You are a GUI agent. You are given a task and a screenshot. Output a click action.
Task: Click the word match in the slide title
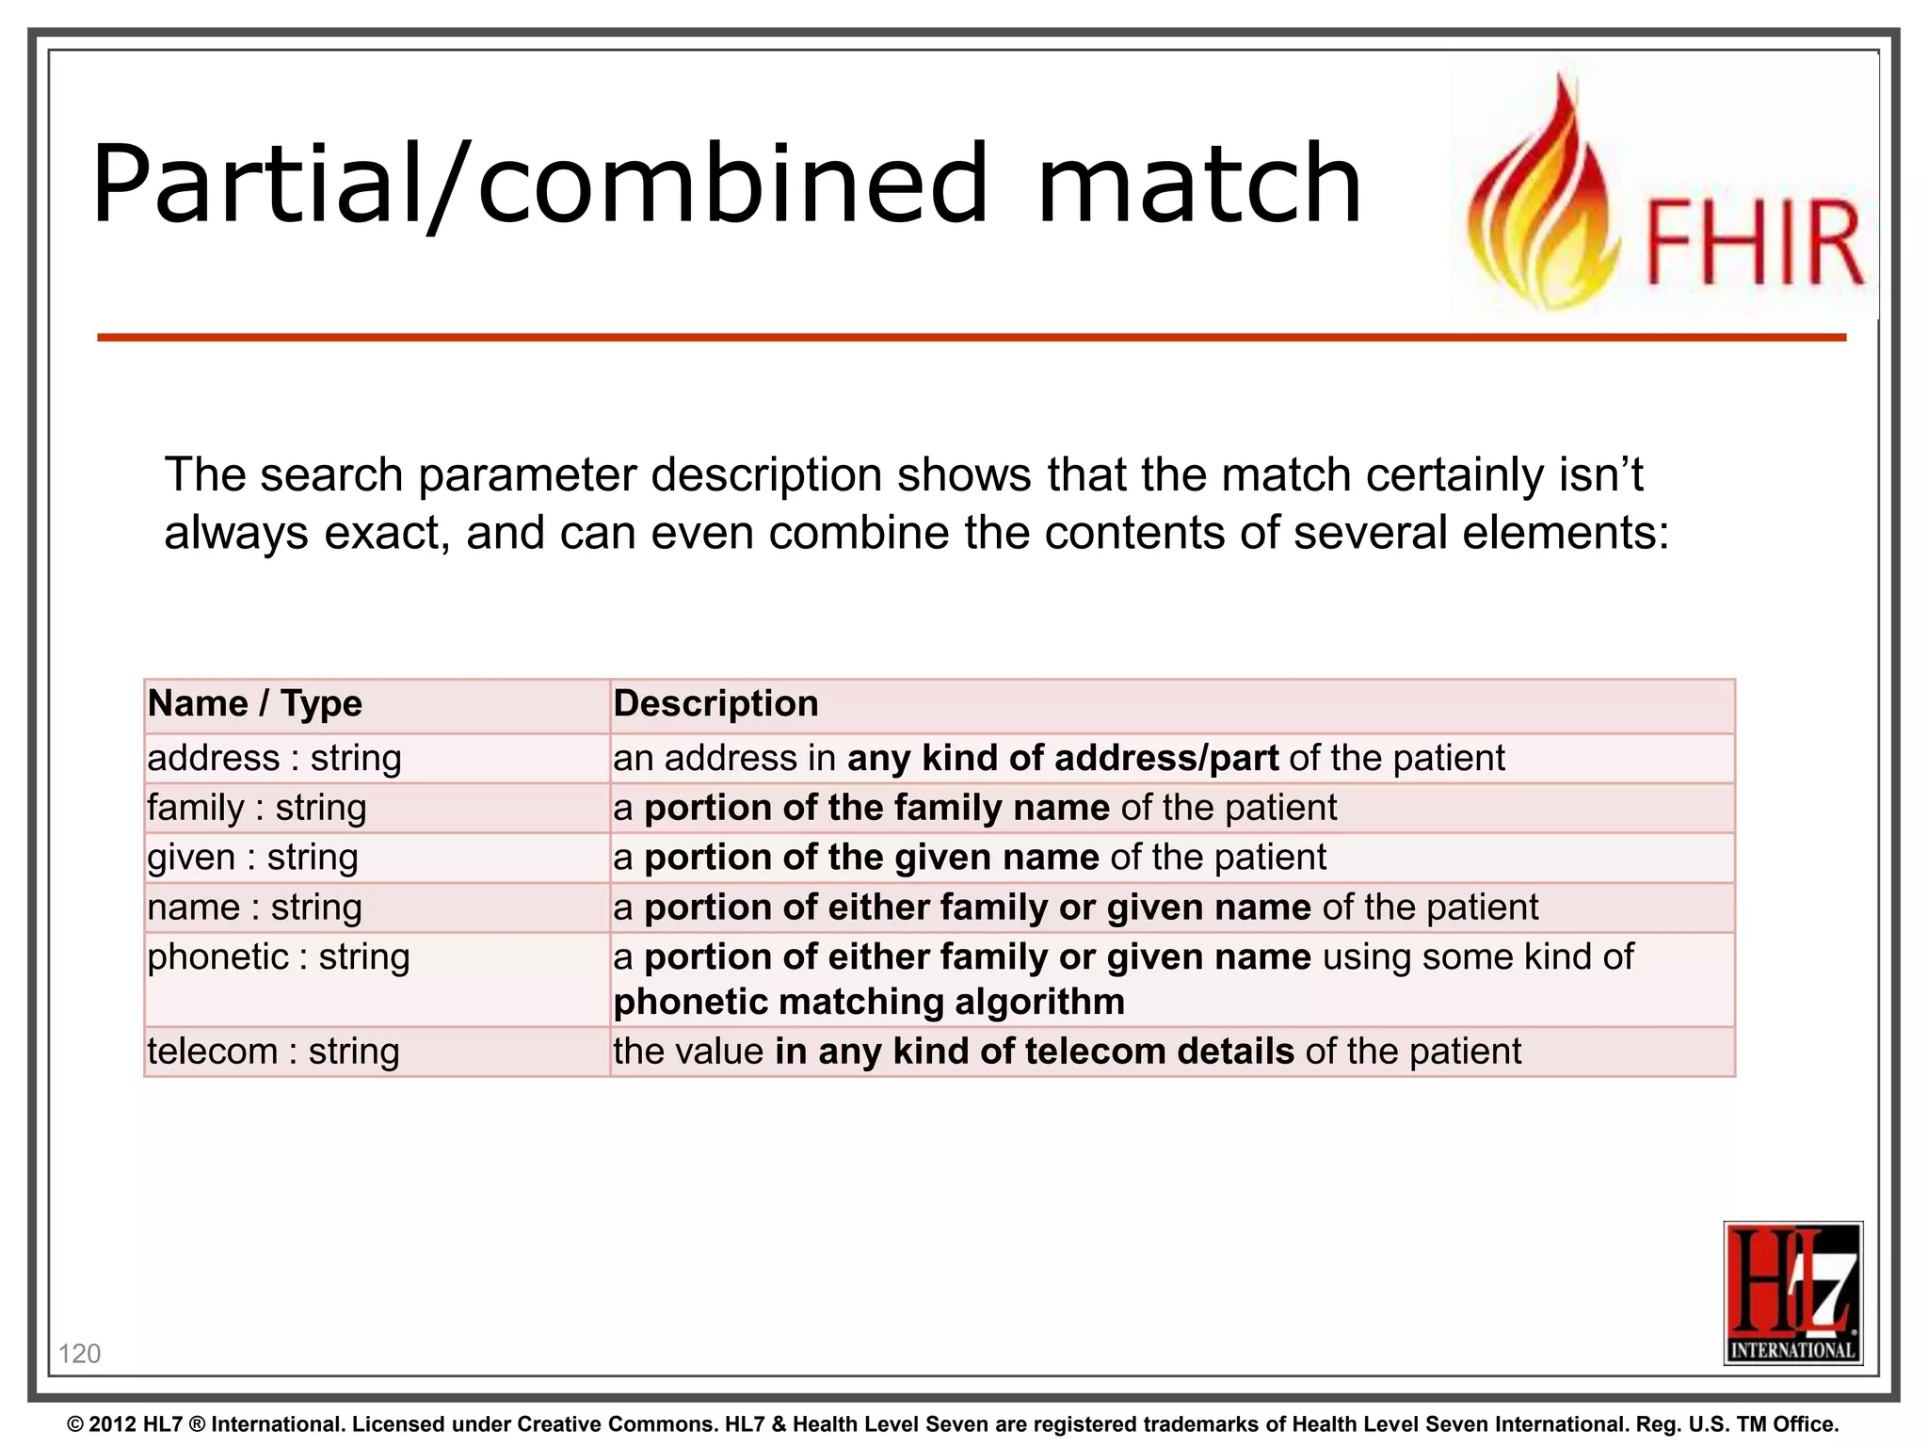1197,185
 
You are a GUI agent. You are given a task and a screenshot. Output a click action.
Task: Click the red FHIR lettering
1753,243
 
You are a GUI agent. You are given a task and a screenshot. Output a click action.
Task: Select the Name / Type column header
254,704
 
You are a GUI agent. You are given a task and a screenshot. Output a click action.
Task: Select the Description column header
715,704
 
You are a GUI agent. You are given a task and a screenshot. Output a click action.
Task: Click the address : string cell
274,759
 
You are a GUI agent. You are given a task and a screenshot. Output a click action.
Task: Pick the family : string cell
256,809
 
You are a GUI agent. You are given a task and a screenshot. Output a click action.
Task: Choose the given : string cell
252,859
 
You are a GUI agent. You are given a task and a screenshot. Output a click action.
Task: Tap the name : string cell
254,908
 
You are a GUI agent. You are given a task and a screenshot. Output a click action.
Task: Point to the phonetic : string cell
278,957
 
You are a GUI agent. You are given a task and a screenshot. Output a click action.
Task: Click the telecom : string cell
273,1052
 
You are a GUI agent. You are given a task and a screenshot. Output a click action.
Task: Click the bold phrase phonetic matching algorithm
868,1003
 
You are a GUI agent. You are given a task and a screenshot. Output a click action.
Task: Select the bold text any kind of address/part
1062,759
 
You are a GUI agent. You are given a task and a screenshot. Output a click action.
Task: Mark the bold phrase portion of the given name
871,859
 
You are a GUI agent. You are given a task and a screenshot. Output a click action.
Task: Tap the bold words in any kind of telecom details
1034,1052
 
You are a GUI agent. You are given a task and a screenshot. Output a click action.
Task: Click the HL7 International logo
1792,1293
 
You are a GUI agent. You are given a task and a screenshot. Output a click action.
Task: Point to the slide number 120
79,1354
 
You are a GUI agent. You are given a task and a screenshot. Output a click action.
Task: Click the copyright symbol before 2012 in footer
75,1424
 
